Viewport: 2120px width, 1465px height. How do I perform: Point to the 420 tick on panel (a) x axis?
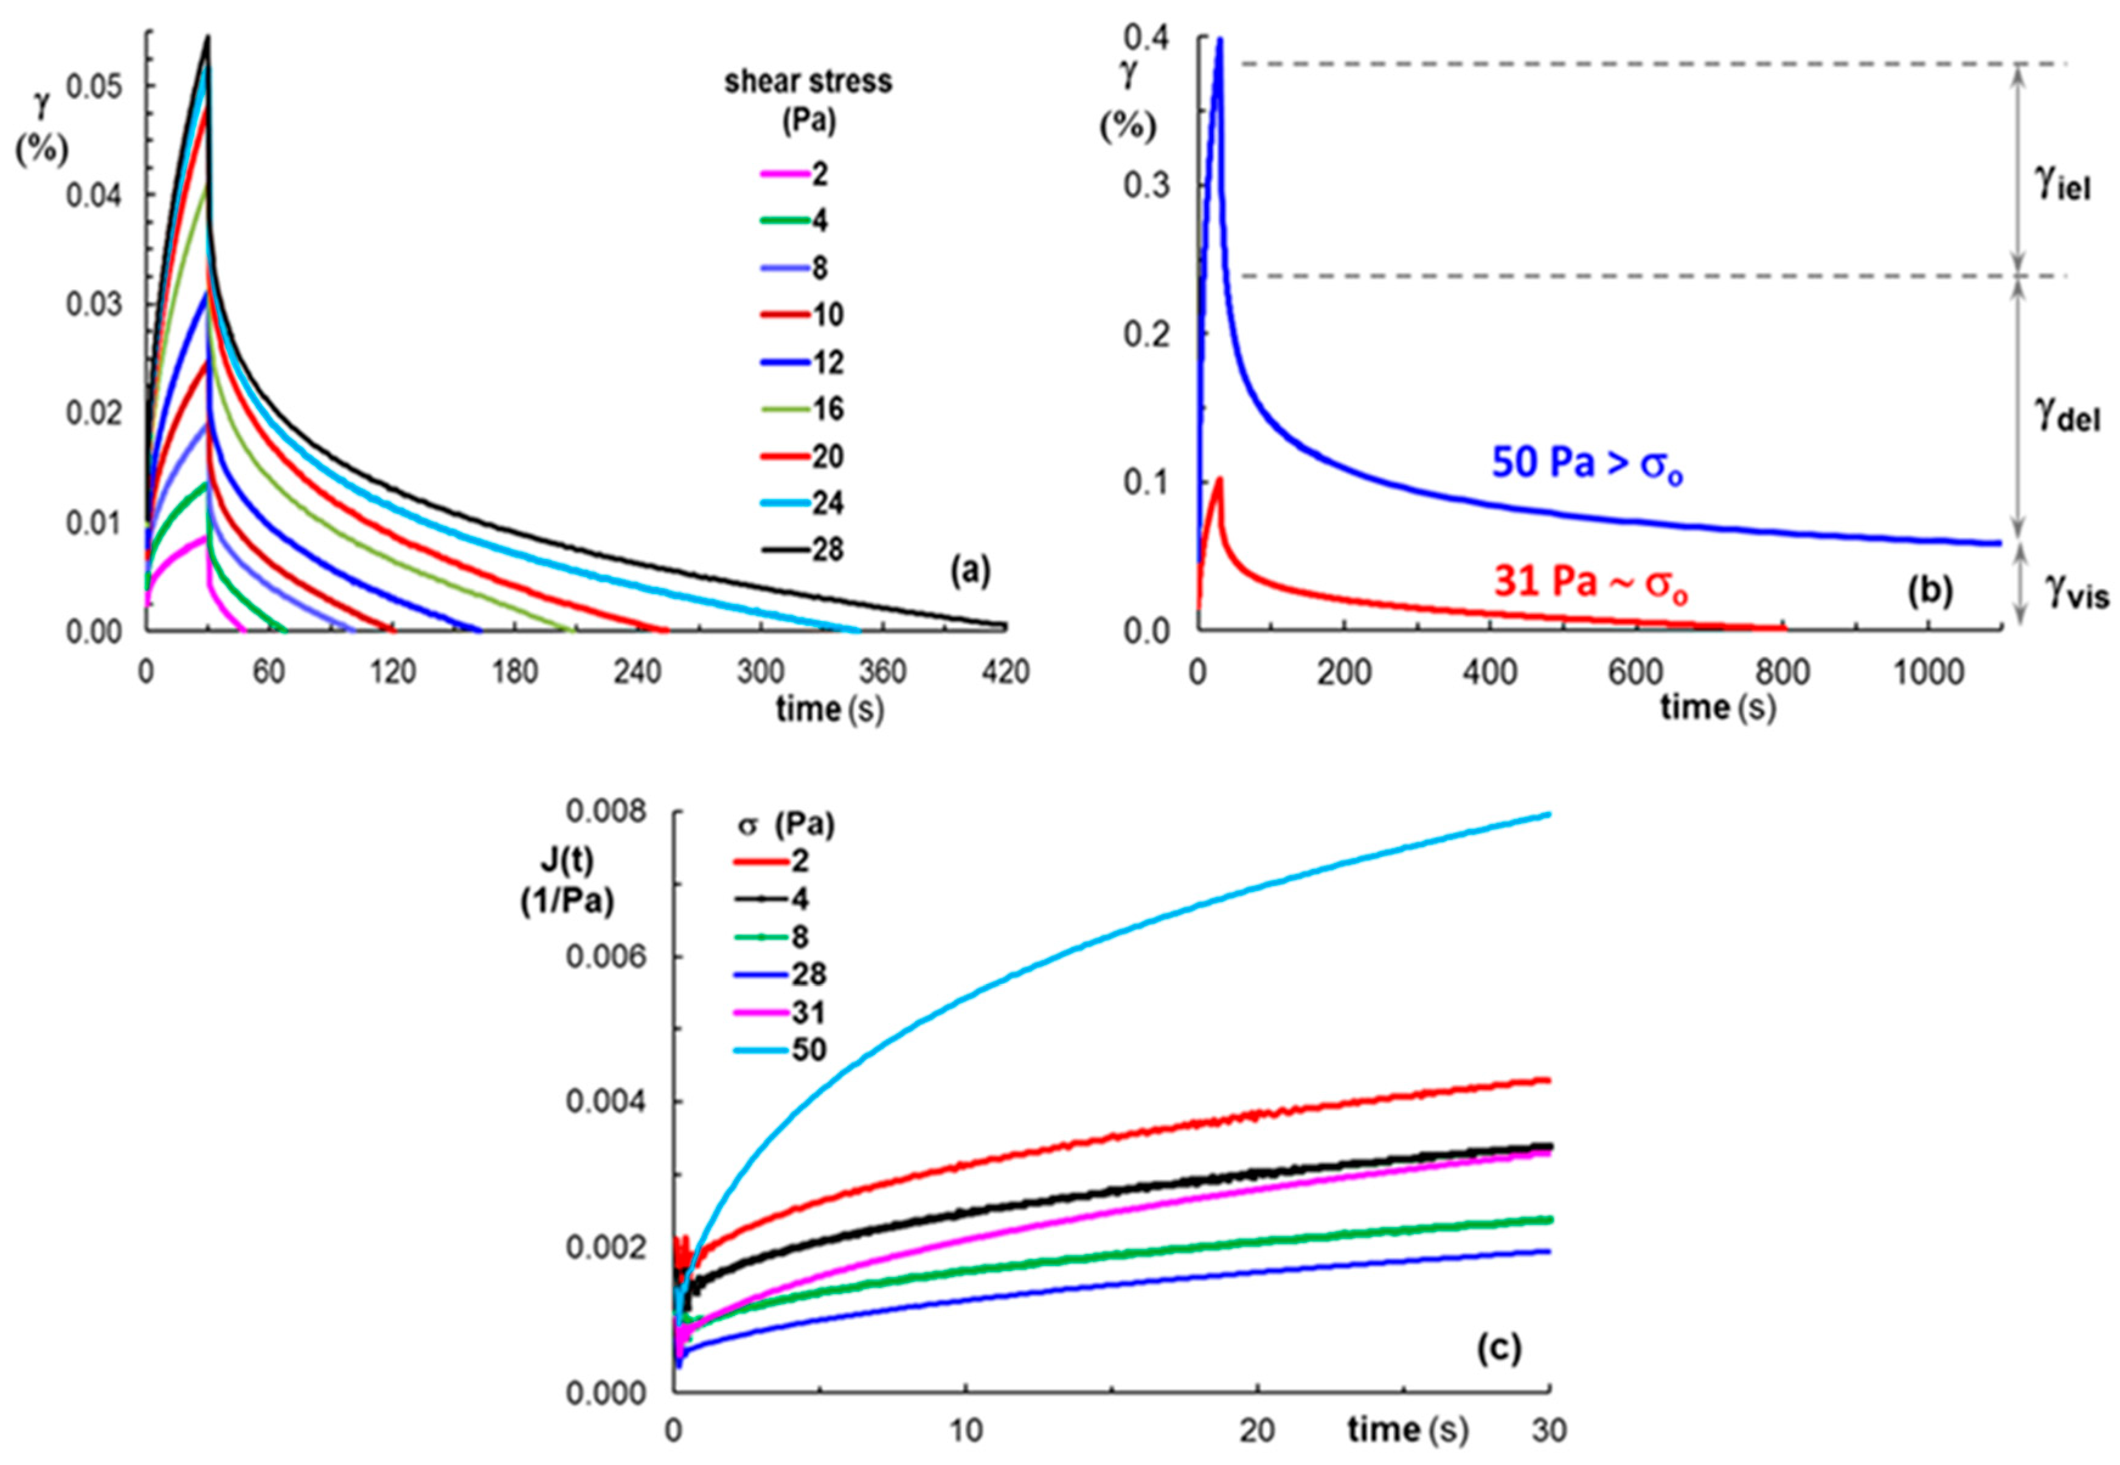1006,673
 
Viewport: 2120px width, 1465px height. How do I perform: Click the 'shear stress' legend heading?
808,81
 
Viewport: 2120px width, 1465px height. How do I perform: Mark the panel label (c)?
1498,1348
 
